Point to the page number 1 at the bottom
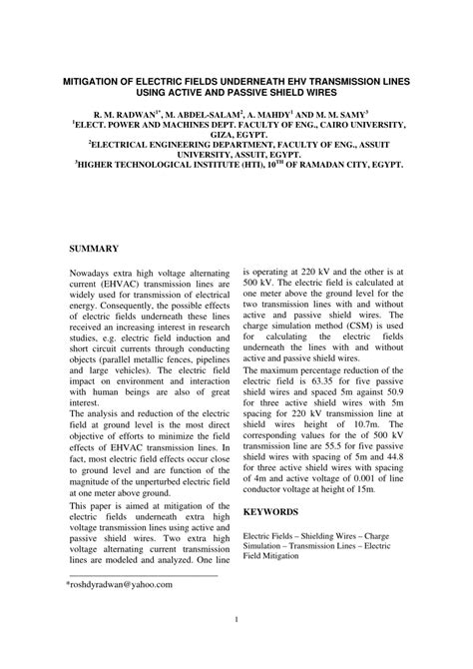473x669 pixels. (236, 648)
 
